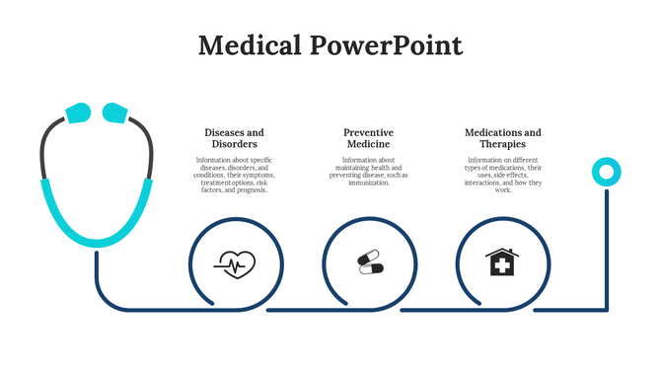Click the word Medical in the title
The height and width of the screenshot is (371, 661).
coord(250,45)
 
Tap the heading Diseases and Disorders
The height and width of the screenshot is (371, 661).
coord(234,138)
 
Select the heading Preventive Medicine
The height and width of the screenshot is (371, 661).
coord(368,138)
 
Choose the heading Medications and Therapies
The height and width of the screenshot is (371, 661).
coord(502,138)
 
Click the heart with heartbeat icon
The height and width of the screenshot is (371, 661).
coord(235,263)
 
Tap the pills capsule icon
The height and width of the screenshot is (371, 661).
coord(369,263)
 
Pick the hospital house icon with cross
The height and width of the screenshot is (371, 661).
coord(502,262)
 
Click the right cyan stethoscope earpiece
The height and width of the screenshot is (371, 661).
coord(116,112)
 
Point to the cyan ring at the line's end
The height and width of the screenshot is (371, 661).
coord(606,173)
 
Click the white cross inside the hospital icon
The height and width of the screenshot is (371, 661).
coord(502,265)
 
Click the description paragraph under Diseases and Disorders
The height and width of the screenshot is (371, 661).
coord(234,175)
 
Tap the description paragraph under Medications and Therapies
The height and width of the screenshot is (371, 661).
coord(502,175)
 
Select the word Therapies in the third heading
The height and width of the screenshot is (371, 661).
coord(502,144)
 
